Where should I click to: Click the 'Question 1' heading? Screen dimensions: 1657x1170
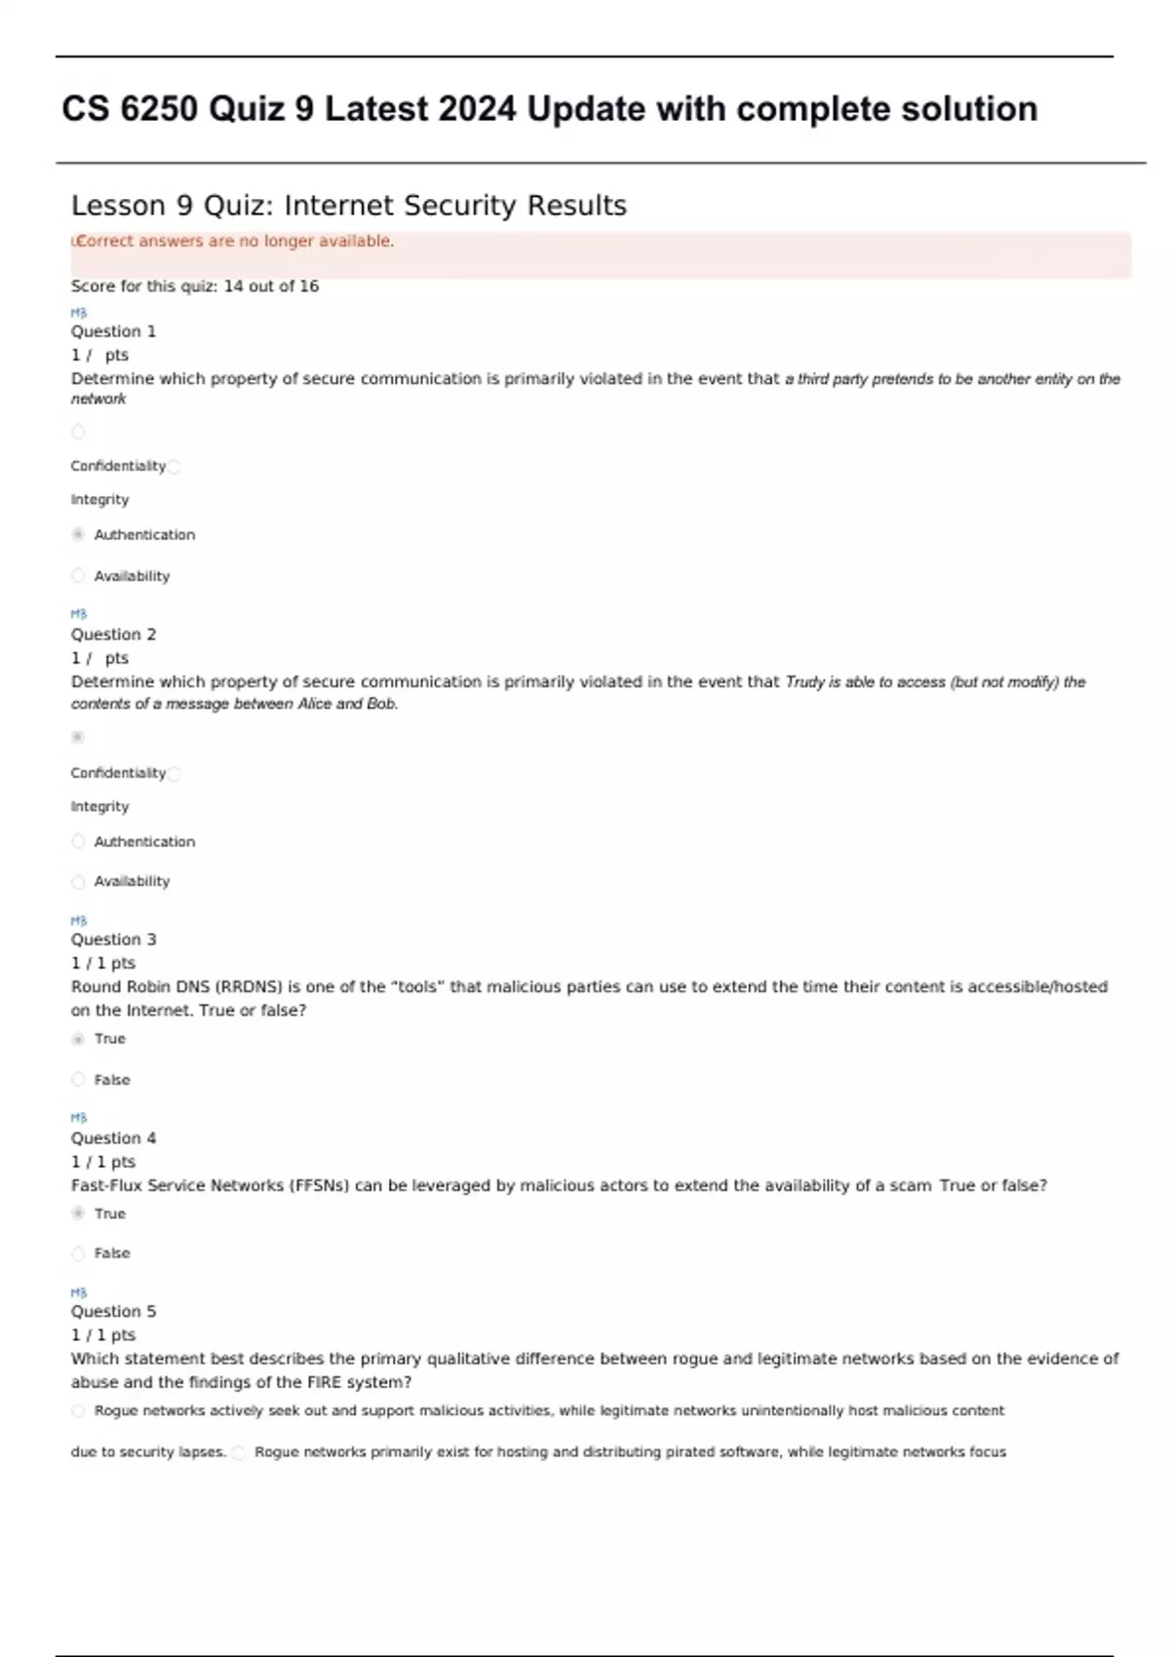[113, 331]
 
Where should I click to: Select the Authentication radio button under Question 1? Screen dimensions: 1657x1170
[78, 534]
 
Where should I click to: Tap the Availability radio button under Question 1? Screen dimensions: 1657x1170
[78, 576]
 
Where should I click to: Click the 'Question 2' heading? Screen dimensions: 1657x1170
[113, 635]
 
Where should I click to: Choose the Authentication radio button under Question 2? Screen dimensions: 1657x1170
[78, 841]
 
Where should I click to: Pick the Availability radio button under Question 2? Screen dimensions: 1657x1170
[78, 882]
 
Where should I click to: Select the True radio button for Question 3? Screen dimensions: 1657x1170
[78, 1039]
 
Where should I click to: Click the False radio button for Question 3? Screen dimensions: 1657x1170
[78, 1080]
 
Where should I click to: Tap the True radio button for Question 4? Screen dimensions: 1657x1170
[78, 1214]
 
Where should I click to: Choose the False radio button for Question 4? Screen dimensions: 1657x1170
[78, 1253]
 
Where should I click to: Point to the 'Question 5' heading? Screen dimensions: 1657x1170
[113, 1312]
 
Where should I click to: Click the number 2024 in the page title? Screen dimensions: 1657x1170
[477, 109]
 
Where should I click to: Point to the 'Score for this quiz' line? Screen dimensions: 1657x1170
[194, 287]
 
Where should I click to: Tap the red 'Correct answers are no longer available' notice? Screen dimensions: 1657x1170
[235, 242]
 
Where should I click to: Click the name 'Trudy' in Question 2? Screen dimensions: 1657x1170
[804, 682]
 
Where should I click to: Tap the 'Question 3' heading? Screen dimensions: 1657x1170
[113, 940]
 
